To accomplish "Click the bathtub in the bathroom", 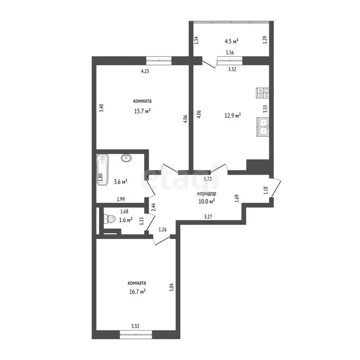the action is tap(102, 169).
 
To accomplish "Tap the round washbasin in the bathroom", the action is tap(126, 158).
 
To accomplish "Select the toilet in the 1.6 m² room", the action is tap(109, 219).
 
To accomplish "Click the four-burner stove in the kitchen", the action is tap(263, 93).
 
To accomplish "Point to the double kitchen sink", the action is tap(263, 127).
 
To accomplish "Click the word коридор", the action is tap(206, 193).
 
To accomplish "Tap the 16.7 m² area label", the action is tap(137, 291).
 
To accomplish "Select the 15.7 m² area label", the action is tap(143, 111).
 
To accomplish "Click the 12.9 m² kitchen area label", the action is tap(233, 115).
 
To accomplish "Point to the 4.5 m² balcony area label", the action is tap(231, 41).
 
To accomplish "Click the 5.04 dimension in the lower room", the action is tap(171, 287).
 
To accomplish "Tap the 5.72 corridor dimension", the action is tap(208, 179).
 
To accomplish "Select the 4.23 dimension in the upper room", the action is tap(145, 71).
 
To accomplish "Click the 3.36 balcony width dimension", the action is tap(229, 53).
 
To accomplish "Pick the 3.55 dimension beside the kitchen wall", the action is tap(265, 108).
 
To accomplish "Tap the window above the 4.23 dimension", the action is tap(159, 60).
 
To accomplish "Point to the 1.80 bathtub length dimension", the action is tap(100, 178).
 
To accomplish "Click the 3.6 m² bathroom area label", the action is tap(120, 182).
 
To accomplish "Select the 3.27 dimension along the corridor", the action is tap(208, 216).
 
